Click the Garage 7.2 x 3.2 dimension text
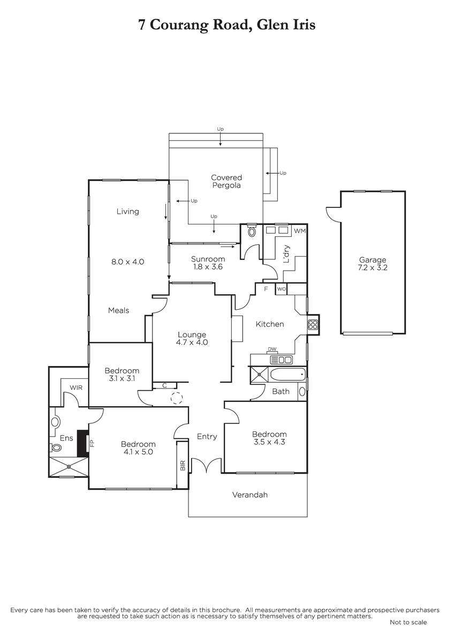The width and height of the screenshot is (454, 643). [x=372, y=267]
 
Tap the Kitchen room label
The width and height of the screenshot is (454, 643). [x=270, y=324]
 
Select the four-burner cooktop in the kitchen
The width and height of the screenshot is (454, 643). [x=313, y=325]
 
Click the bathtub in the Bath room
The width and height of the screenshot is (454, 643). [x=287, y=375]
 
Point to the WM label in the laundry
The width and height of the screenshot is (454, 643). [x=300, y=231]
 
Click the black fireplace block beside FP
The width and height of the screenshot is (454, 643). [x=83, y=443]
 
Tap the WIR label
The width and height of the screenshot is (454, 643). [x=76, y=387]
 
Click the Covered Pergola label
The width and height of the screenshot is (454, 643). [x=226, y=182]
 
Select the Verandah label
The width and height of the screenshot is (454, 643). [x=250, y=495]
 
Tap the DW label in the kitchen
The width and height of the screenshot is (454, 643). [x=272, y=349]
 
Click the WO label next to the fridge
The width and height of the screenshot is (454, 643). [x=282, y=289]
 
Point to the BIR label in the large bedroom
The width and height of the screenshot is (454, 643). [x=183, y=465]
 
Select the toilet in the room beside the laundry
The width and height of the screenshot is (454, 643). [x=252, y=231]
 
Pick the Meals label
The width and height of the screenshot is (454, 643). [x=118, y=310]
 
